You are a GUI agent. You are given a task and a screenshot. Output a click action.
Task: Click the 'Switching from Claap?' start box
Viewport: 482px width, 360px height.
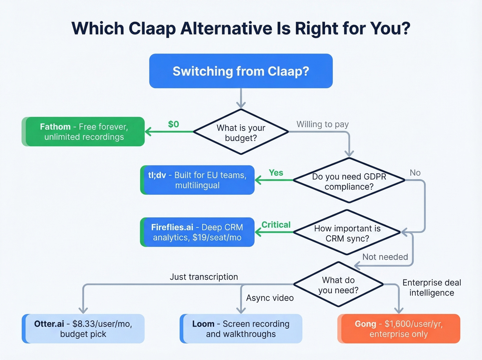(x=241, y=71)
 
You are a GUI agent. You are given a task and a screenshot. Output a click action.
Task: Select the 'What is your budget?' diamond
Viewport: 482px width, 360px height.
(x=241, y=132)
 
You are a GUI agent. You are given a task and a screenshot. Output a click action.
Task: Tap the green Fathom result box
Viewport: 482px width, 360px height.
(x=83, y=132)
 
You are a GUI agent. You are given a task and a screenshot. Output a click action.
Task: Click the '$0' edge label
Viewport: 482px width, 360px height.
(x=173, y=124)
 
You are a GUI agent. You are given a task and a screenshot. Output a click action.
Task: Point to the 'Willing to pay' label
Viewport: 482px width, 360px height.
(x=323, y=124)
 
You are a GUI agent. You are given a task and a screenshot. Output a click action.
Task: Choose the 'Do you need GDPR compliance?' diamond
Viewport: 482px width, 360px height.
(x=349, y=181)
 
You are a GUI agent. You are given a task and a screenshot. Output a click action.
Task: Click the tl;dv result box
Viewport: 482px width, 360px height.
(x=197, y=180)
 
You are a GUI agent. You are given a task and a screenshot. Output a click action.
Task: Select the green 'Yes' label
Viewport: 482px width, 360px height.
(x=276, y=173)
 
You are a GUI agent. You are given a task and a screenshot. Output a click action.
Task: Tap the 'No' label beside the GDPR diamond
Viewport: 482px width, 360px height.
(x=415, y=173)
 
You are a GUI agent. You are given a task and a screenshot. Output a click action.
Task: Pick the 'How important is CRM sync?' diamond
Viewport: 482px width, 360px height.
(x=347, y=233)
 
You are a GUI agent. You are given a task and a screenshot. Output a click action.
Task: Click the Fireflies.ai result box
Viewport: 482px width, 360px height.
(x=197, y=232)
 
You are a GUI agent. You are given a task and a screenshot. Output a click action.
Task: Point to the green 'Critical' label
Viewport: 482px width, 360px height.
(x=276, y=225)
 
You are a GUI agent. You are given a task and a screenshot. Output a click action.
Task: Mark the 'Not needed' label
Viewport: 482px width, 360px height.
(x=385, y=257)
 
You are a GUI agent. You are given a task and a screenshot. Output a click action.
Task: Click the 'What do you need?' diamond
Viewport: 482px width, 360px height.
(x=338, y=285)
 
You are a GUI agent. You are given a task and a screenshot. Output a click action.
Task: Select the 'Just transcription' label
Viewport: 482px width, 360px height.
(x=203, y=277)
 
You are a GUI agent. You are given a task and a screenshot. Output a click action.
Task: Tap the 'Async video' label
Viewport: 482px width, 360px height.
(x=270, y=298)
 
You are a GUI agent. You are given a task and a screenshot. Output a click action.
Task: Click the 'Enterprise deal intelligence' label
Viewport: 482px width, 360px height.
(x=431, y=287)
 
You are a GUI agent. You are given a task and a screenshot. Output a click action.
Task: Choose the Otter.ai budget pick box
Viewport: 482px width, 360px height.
(x=83, y=329)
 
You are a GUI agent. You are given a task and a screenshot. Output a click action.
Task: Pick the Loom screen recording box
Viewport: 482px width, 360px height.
(x=241, y=329)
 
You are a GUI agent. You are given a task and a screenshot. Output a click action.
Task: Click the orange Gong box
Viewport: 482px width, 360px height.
(x=399, y=329)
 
